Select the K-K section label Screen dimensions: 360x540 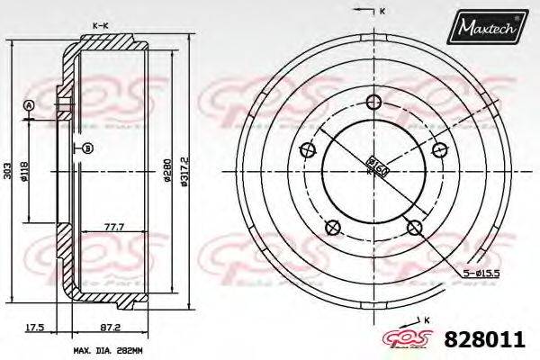[101, 28]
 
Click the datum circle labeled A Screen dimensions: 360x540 [29, 105]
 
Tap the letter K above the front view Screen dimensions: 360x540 [382, 11]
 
